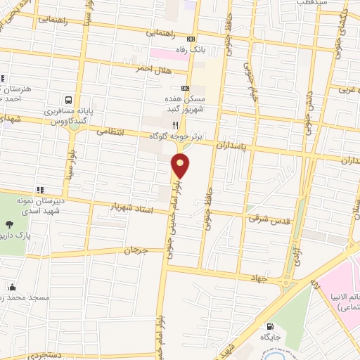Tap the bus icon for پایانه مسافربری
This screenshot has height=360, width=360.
point(70,101)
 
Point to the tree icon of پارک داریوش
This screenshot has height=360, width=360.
point(9,225)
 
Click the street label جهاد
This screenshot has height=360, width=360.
point(258,278)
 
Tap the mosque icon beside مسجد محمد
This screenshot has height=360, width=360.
point(12,287)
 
